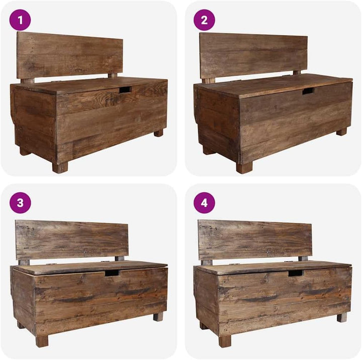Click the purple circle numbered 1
pyautogui.click(x=20, y=20)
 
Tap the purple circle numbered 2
pyautogui.click(x=204, y=20)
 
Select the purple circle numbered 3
pyautogui.click(x=20, y=203)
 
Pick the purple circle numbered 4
pyautogui.click(x=204, y=203)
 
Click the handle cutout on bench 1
pyautogui.click(x=125, y=90)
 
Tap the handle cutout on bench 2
pyautogui.click(x=308, y=91)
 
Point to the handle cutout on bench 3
pyautogui.click(x=112, y=273)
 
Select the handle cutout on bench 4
pyautogui.click(x=296, y=273)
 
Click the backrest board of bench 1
pyautogui.click(x=69, y=56)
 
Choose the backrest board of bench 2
pyautogui.click(x=253, y=56)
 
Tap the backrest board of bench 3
pyautogui.click(x=71, y=241)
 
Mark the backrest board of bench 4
pyautogui.click(x=255, y=240)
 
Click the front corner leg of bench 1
pyautogui.click(x=60, y=167)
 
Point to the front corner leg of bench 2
pyautogui.click(x=244, y=167)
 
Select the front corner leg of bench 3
pyautogui.click(x=42, y=341)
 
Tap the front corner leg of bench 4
pyautogui.click(x=225, y=341)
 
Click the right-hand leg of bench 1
pyautogui.click(x=158, y=133)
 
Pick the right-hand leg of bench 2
pyautogui.click(x=341, y=132)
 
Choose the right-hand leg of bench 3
pyautogui.click(x=158, y=316)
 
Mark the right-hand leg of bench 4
pyautogui.click(x=342, y=317)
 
